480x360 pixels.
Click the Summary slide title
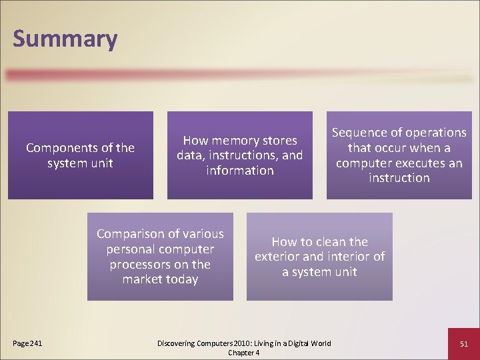point(65,39)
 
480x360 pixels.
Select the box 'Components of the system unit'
point(80,155)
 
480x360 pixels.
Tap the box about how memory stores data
point(239,155)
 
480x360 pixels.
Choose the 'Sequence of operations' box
point(399,155)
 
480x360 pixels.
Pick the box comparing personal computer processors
point(160,257)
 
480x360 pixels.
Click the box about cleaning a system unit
point(319,257)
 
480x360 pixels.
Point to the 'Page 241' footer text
point(27,343)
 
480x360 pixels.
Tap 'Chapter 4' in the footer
point(243,353)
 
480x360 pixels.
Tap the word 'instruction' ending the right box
point(399,178)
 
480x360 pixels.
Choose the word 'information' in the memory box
point(239,171)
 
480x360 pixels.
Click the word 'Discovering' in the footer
point(177,343)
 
